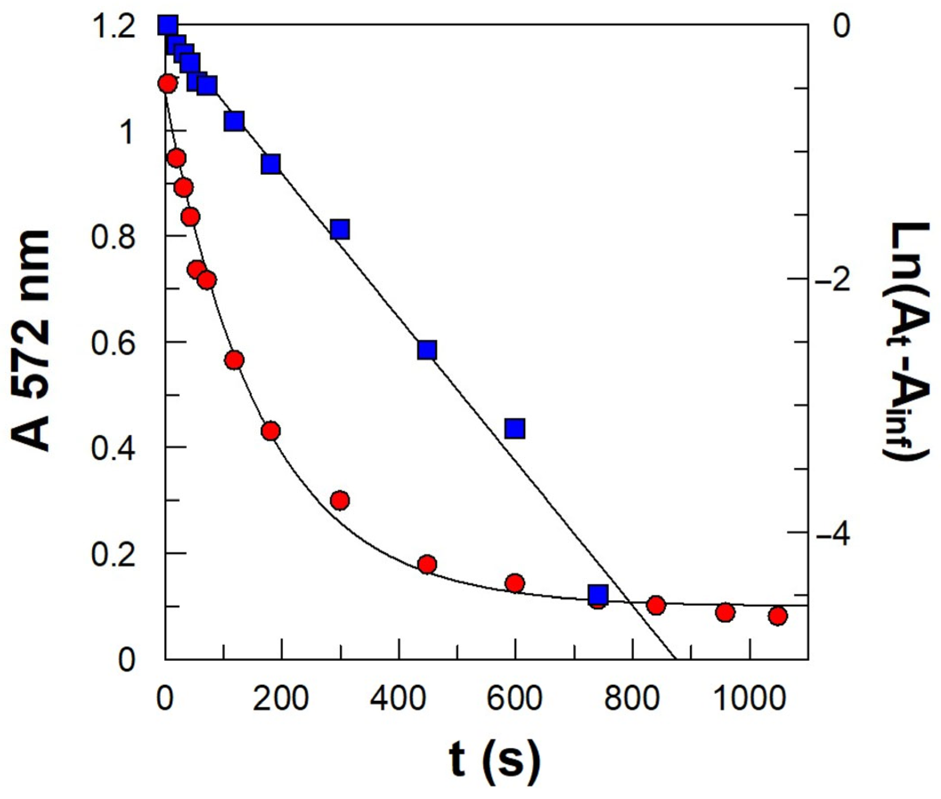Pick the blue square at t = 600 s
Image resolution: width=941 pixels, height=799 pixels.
515,428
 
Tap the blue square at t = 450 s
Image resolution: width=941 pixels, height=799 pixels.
427,350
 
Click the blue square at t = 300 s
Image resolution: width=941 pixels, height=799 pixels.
339,229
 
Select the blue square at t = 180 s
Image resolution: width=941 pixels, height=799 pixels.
271,164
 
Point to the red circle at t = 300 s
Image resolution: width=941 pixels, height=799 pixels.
339,500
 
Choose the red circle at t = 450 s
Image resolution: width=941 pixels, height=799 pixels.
427,564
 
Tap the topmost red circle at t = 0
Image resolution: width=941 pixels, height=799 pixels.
167,84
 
